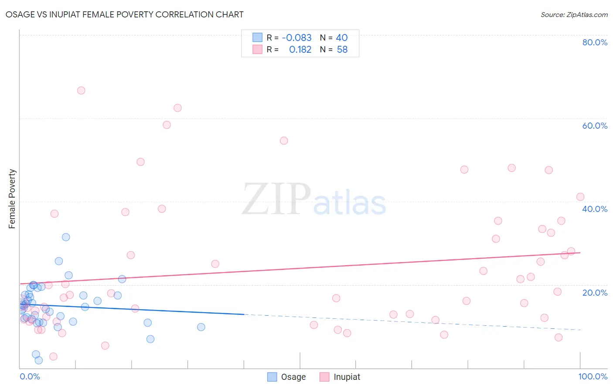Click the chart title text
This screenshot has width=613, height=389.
125,14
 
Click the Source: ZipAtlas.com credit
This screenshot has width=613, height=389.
574,14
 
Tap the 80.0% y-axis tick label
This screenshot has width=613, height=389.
595,42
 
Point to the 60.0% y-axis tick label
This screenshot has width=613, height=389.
595,126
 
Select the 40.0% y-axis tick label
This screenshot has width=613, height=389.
595,209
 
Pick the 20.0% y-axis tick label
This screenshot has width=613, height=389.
595,292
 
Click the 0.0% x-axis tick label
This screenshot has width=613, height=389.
30,376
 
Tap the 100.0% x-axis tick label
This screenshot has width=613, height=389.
593,376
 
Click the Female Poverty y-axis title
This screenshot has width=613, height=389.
12,199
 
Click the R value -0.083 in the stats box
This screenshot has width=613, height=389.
296,38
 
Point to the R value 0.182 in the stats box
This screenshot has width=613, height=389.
300,50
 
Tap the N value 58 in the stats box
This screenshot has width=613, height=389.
342,50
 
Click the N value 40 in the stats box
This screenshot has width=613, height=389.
342,38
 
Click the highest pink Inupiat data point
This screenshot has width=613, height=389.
81,91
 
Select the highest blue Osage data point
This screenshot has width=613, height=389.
66,237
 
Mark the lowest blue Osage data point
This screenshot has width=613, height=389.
38,360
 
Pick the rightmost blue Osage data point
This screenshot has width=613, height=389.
201,327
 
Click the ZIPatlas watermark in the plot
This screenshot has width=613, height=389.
314,200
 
